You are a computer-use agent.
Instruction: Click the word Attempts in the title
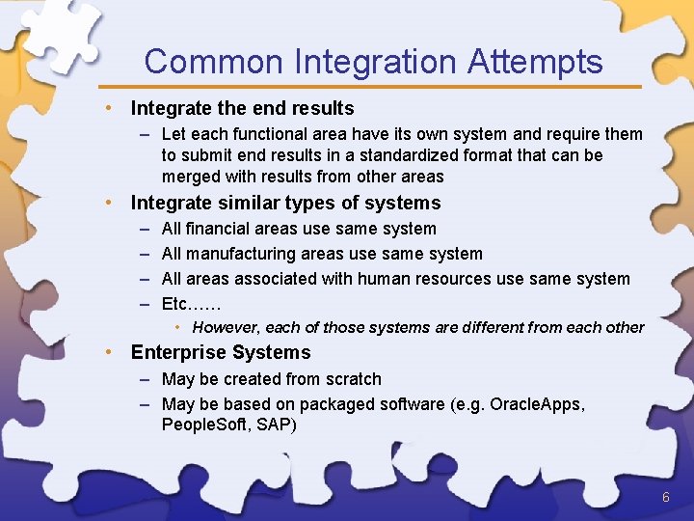click(535, 63)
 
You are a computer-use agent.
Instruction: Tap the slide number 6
click(665, 497)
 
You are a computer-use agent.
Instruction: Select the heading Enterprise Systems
click(221, 352)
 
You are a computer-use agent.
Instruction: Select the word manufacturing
click(242, 254)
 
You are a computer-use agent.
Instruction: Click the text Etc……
click(191, 304)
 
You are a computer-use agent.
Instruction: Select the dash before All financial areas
click(144, 229)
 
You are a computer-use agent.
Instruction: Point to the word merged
click(191, 177)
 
